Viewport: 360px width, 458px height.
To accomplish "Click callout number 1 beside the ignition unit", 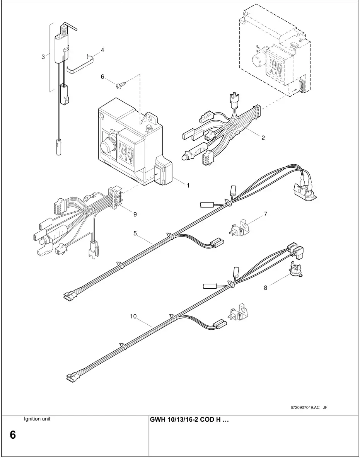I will pos(188,186).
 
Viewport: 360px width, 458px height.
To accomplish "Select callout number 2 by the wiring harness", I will pos(263,138).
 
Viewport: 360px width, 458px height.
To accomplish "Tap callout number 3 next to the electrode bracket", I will pos(43,57).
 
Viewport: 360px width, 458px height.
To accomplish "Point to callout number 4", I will pos(102,50).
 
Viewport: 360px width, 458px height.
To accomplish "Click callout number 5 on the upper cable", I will pos(135,233).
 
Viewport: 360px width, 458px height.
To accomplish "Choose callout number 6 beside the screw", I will pos(102,77).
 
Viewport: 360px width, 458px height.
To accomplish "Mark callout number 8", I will pos(266,288).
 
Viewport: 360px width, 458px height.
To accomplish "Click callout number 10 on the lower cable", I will pos(133,316).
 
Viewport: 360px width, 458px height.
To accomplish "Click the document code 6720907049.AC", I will pos(305,407).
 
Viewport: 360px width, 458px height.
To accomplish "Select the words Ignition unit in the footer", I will pos(37,419).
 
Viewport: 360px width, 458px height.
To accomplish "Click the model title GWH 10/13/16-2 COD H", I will pos(189,420).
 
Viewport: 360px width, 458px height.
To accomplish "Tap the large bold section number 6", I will pos(13,435).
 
